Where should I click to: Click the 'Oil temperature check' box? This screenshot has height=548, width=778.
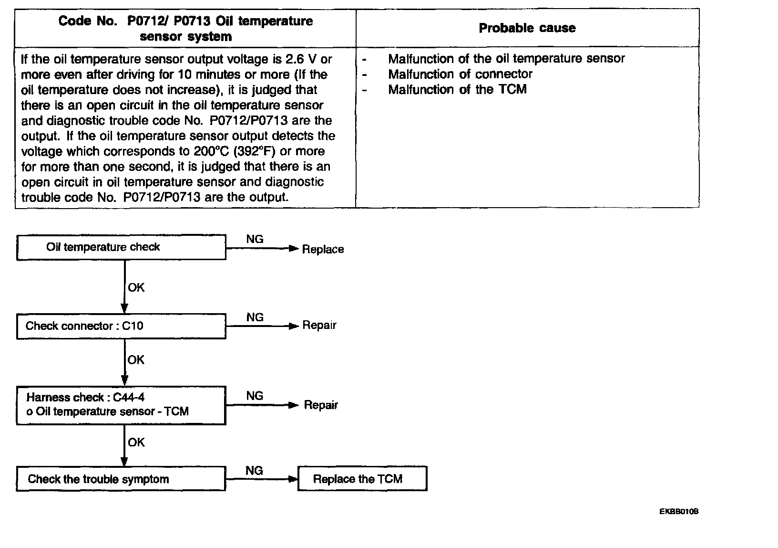click(121, 247)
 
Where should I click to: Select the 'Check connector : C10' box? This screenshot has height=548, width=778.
click(121, 326)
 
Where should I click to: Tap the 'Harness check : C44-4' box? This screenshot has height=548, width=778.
click(121, 405)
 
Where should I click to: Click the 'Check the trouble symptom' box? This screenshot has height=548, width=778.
click(121, 479)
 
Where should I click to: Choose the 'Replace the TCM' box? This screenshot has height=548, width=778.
click(362, 479)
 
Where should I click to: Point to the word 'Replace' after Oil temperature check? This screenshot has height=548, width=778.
click(323, 249)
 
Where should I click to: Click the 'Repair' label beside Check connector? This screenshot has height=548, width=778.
click(319, 326)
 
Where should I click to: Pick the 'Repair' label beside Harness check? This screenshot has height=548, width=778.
click(321, 405)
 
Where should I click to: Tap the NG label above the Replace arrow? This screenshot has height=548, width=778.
click(255, 239)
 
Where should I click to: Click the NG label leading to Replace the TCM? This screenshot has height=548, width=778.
click(254, 471)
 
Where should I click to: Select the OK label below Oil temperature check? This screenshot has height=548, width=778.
click(136, 287)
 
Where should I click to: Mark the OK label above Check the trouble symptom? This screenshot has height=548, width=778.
click(136, 443)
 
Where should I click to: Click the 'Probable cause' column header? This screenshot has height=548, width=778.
click(527, 28)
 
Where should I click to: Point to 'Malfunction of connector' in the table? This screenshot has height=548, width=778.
click(460, 74)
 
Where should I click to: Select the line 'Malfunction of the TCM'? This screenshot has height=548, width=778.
click(457, 89)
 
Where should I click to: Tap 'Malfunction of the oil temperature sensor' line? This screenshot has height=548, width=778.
click(506, 59)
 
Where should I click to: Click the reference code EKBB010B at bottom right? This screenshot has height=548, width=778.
click(679, 512)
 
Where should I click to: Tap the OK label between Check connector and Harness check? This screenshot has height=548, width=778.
click(136, 360)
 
